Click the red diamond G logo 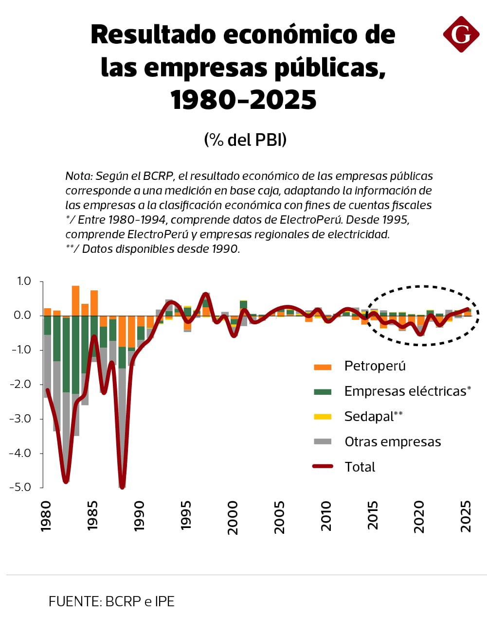[461, 34]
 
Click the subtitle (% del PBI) [245, 140]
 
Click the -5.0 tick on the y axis [20, 487]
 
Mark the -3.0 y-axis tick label [20, 419]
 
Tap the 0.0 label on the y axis [22, 316]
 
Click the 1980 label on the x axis [46, 516]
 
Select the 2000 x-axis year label [233, 517]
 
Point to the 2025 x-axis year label [466, 516]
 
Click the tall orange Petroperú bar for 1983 [75, 300]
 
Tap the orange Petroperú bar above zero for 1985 [94, 303]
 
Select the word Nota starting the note [78, 176]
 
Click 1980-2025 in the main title [243, 100]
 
